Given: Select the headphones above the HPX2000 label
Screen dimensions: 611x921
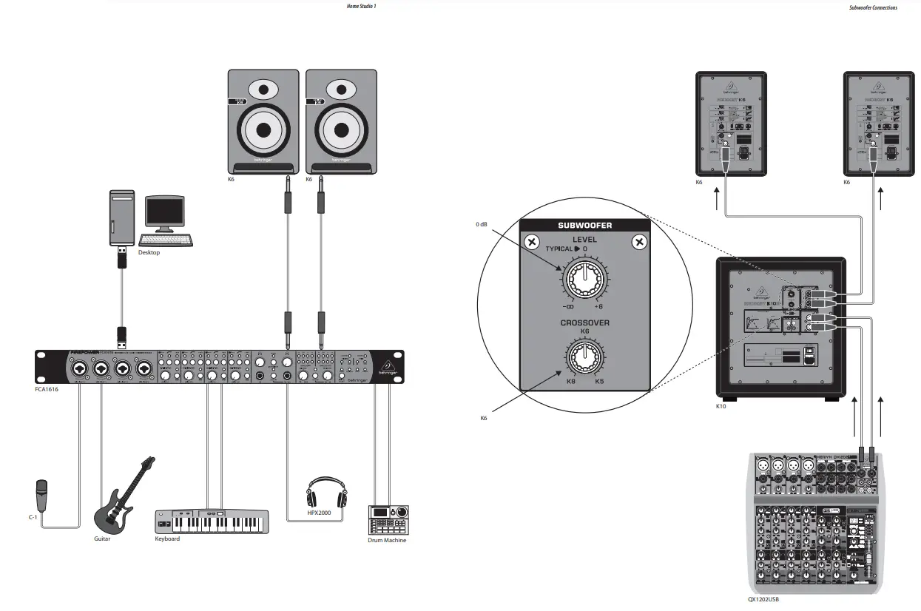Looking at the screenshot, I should (326, 493).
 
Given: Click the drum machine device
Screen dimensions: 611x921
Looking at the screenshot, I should (388, 520).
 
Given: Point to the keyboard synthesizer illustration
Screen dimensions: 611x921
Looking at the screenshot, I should (212, 521).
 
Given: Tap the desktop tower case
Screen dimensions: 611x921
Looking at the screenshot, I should (122, 217).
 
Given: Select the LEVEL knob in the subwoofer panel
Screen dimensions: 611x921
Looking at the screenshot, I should (584, 280).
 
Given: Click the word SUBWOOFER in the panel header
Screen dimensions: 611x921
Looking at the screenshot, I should (584, 226).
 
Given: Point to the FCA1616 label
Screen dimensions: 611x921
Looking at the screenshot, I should (47, 388).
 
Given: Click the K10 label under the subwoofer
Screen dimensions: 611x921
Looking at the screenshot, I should (721, 407).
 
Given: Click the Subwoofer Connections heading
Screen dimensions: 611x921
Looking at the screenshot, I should (874, 7).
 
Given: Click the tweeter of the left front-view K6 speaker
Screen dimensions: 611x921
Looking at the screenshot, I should (263, 91).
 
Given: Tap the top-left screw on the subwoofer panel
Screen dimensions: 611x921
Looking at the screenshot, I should (530, 243).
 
